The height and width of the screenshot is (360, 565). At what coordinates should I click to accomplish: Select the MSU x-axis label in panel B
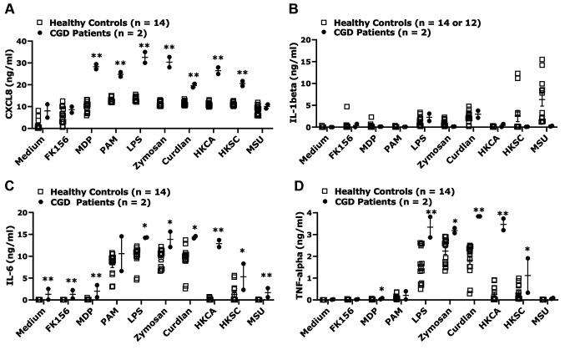tap(541, 143)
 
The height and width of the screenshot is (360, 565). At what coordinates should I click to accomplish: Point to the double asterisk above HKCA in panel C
tap(219, 231)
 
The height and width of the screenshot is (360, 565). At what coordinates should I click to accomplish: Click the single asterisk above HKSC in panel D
tap(527, 250)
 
